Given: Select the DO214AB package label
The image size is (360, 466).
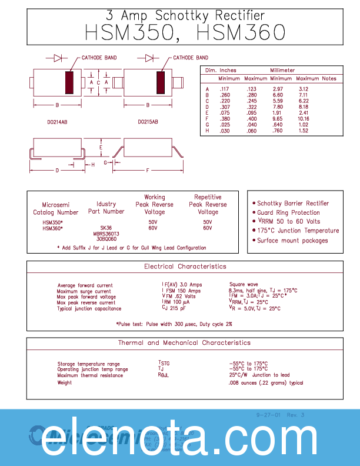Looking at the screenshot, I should coord(57,122).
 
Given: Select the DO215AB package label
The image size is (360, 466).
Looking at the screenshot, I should coord(148,122).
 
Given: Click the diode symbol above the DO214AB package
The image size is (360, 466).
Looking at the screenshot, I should coord(58,58).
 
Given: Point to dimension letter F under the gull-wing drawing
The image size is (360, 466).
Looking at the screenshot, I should coord(148,170).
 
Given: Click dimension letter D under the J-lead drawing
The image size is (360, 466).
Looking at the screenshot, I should coord(57,170).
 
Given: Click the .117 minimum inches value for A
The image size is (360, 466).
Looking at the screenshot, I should coord(224,89).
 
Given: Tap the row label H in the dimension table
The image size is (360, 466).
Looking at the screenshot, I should coord(207,131).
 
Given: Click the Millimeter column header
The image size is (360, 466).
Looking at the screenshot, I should coord(282,70).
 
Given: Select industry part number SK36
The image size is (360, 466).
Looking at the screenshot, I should coord(106,228).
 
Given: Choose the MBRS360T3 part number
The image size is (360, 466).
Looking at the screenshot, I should coord(106,234).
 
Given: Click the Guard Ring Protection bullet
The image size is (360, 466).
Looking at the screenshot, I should coord(288,212).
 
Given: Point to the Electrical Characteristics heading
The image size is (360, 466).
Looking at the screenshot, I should coord(185,267).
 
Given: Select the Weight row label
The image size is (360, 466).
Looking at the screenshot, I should coord(65,382).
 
